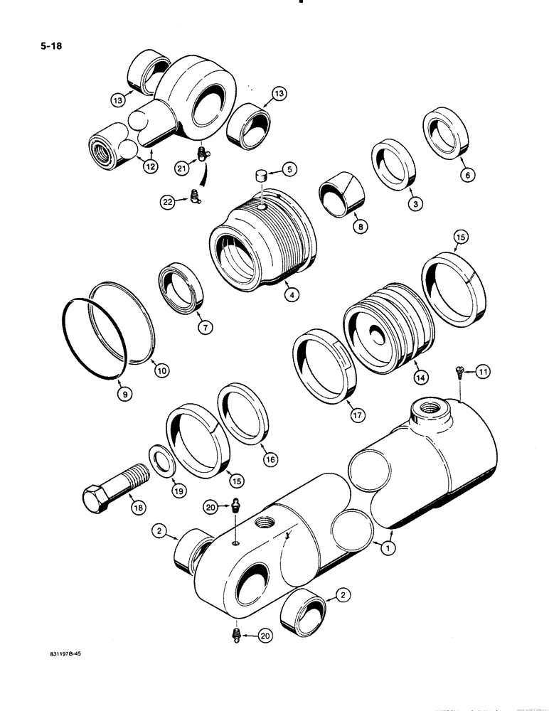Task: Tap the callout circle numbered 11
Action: point(483,371)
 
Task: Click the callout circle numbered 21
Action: point(182,169)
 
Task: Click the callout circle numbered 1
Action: point(388,547)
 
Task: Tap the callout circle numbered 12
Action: point(150,166)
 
